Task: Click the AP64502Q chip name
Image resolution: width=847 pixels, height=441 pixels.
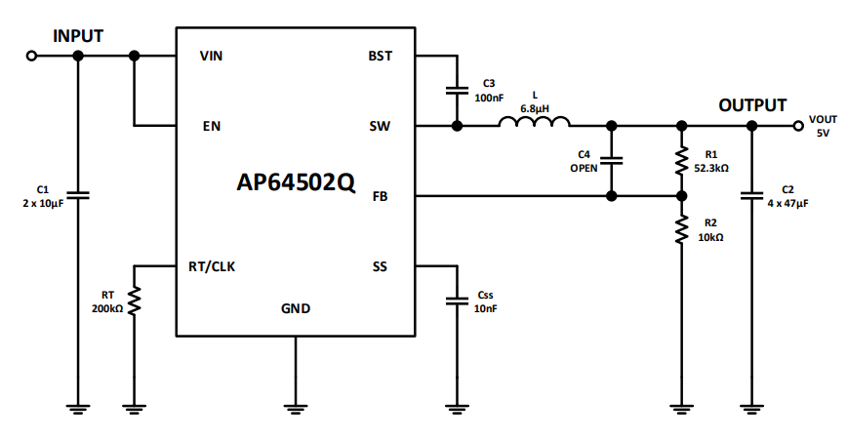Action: [296, 183]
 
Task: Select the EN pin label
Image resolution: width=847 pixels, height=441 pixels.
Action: [211, 126]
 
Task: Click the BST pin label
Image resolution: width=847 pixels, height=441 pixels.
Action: [381, 57]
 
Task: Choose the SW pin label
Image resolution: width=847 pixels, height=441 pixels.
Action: [381, 126]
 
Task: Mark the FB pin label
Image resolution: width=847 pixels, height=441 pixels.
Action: [382, 196]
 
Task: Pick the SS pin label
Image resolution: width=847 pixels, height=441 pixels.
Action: [382, 266]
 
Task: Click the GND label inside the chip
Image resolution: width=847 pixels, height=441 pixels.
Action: [296, 308]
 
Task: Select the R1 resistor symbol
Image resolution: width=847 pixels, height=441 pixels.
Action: [682, 161]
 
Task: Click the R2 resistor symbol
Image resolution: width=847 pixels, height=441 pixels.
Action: [682, 231]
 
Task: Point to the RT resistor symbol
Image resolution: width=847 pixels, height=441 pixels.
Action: [136, 301]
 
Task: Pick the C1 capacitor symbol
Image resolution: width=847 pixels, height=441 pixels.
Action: [79, 195]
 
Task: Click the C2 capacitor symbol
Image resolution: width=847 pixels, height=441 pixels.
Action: [752, 196]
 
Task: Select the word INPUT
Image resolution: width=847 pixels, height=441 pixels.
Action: [78, 36]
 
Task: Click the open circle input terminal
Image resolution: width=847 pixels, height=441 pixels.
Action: [32, 57]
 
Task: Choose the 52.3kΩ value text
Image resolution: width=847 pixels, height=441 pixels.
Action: [712, 168]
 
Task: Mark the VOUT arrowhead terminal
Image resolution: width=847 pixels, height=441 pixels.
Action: [797, 126]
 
